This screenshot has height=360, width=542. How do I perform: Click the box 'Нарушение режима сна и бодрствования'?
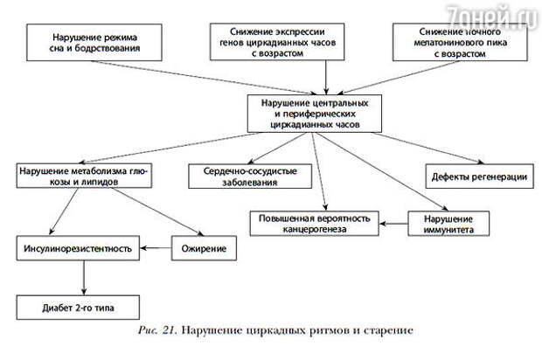(94, 43)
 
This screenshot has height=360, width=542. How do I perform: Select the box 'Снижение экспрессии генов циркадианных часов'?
(277, 42)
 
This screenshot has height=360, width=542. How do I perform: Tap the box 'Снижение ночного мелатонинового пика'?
(460, 42)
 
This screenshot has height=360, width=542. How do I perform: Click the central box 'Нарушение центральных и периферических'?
(315, 114)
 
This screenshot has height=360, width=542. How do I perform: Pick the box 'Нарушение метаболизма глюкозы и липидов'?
(84, 177)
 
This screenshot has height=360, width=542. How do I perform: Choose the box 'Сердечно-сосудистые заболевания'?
(250, 177)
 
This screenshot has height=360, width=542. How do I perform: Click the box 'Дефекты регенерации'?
(479, 177)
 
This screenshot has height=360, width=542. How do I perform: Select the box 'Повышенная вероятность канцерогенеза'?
(314, 224)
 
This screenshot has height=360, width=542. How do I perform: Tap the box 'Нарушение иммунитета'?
(448, 224)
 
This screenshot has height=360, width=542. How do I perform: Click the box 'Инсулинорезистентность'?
(78, 248)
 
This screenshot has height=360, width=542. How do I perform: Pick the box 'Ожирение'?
(204, 248)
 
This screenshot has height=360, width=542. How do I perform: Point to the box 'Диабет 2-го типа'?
(78, 308)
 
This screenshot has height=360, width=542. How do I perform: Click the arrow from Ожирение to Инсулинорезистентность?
(156, 248)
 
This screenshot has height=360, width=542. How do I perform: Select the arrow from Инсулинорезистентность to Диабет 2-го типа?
(84, 278)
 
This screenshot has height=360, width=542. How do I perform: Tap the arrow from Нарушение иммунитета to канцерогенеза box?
(393, 224)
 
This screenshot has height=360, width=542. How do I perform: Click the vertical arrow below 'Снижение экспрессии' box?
(325, 78)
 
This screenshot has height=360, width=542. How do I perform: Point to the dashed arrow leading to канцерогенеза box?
(319, 172)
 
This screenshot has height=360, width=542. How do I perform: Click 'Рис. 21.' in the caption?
(157, 330)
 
